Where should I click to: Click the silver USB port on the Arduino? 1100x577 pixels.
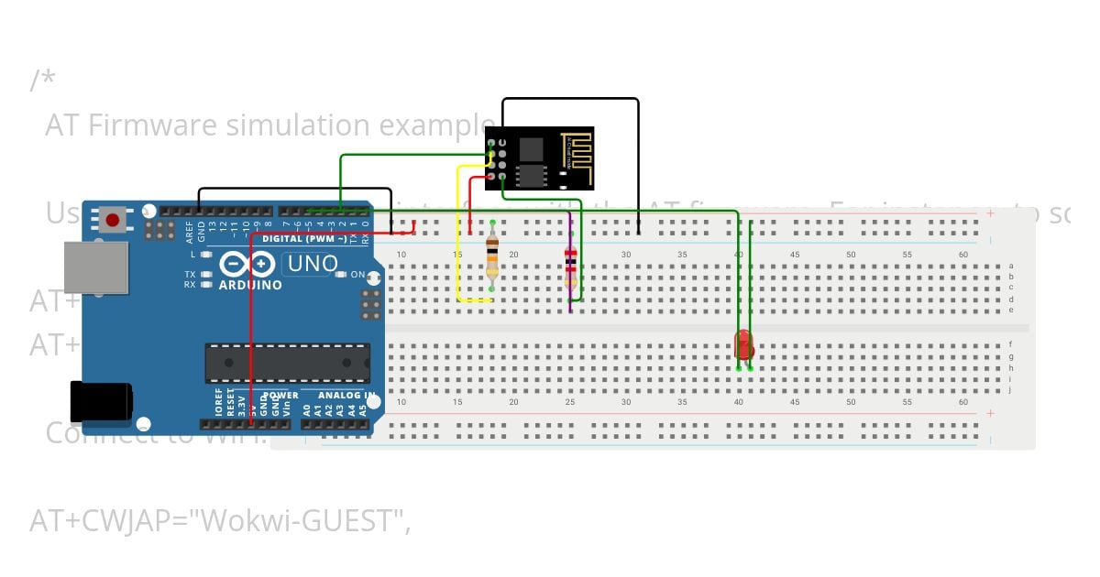pos(95,267)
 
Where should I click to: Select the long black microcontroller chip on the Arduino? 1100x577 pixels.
pos(287,364)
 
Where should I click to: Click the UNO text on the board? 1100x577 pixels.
pos(313,265)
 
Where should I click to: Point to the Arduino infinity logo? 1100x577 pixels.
pos(247,265)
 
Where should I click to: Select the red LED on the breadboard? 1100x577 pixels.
pos(743,346)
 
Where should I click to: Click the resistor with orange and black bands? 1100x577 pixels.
pos(492,256)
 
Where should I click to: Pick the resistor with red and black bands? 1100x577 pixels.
pos(571,261)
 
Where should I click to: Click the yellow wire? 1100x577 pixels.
pos(458,238)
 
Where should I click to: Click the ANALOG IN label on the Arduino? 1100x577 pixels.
pos(346,396)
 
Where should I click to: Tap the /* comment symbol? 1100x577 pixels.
pos(42,80)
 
